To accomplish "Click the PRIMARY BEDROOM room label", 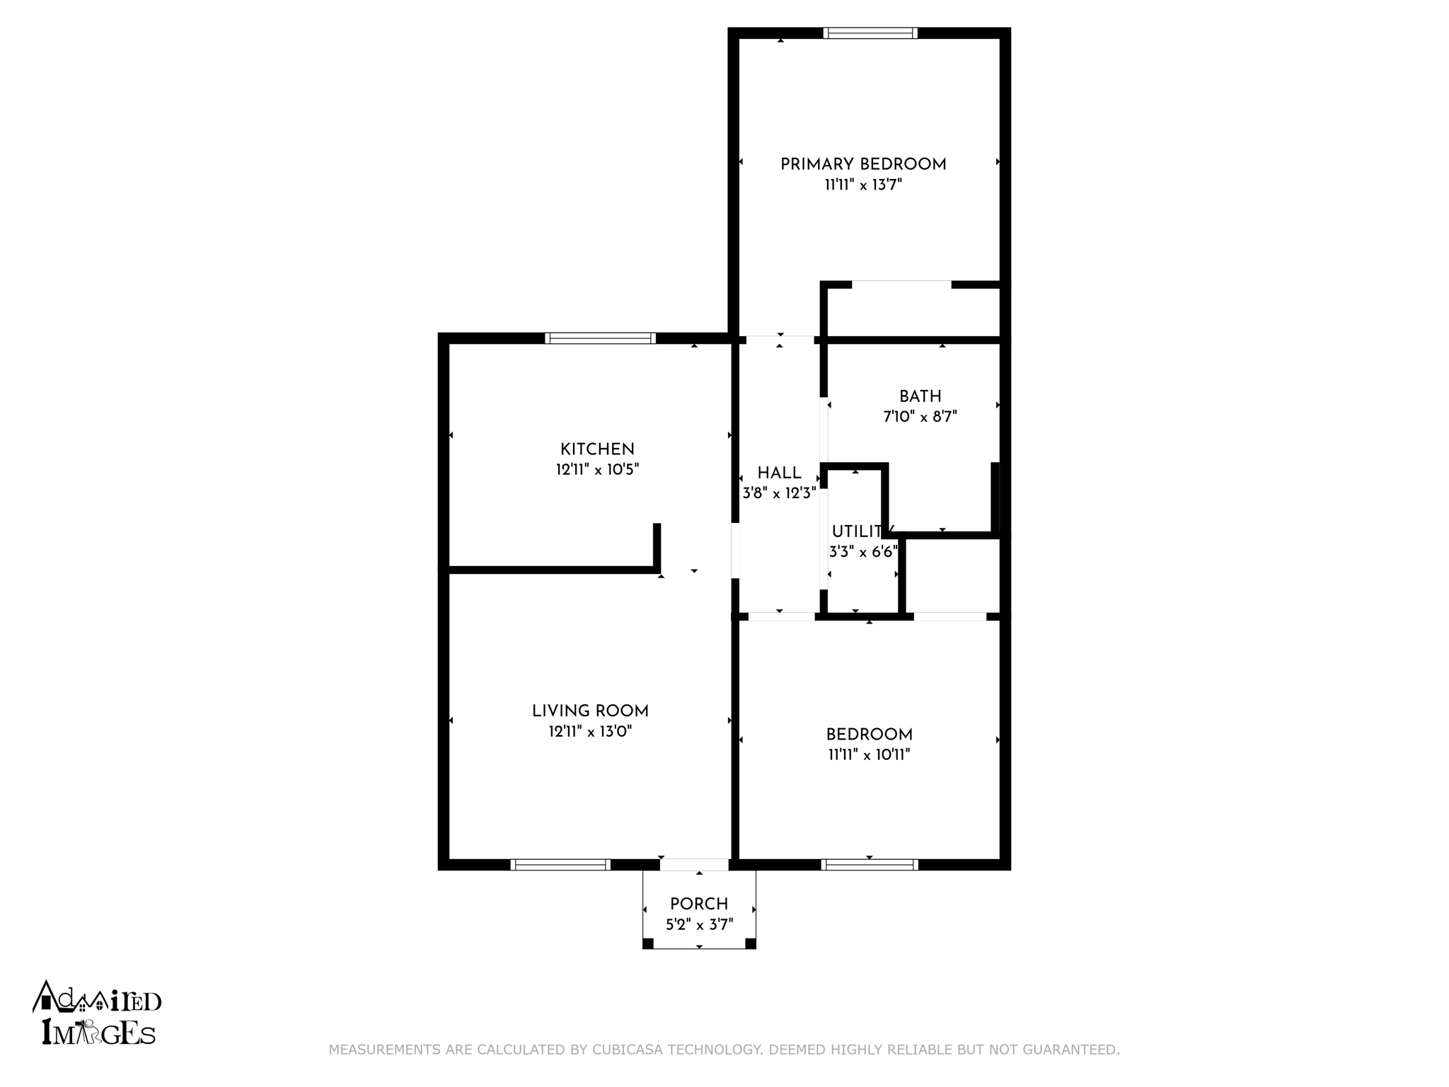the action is pyautogui.click(x=863, y=165).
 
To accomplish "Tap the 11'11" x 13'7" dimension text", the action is pyautogui.click(x=863, y=185).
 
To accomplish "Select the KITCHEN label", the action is pyautogui.click(x=597, y=449).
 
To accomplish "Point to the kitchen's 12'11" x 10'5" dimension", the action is pyautogui.click(x=597, y=470).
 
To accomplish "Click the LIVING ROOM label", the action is pyautogui.click(x=590, y=711).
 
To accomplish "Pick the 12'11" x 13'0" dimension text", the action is pyautogui.click(x=590, y=732).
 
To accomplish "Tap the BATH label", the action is pyautogui.click(x=920, y=396).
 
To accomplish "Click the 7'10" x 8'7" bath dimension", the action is pyautogui.click(x=920, y=417).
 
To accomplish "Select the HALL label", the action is pyautogui.click(x=779, y=473).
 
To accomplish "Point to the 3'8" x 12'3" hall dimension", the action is pyautogui.click(x=779, y=493).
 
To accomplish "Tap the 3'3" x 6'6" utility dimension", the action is pyautogui.click(x=863, y=552).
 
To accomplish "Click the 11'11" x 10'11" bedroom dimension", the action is pyautogui.click(x=869, y=755).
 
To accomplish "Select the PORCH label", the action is pyautogui.click(x=699, y=904).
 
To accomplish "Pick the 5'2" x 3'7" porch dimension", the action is pyautogui.click(x=699, y=925).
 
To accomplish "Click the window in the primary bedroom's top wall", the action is pyautogui.click(x=870, y=33).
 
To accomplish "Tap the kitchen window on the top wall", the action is pyautogui.click(x=600, y=338).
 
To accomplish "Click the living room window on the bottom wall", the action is pyautogui.click(x=560, y=864).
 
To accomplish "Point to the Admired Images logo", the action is pyautogui.click(x=97, y=1013).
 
